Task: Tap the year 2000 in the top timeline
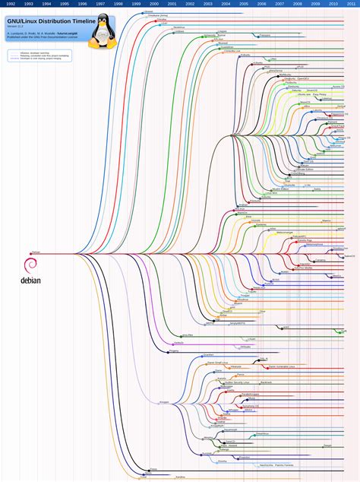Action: [153, 4]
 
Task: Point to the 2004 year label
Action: [226, 4]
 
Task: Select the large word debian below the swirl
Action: [30, 280]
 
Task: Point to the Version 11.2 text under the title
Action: [17, 27]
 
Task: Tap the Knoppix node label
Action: [164, 401]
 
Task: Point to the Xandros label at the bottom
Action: [181, 476]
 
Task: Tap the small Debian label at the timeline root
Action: [35, 252]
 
